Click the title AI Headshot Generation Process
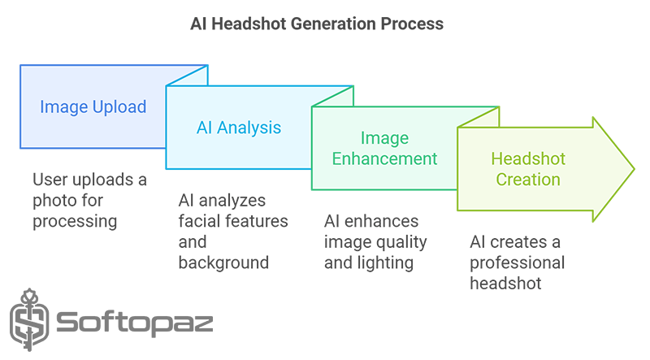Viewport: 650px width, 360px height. [317, 24]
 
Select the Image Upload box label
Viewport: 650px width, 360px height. [93, 107]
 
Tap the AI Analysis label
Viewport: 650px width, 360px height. [239, 128]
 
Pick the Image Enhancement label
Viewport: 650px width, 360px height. [384, 148]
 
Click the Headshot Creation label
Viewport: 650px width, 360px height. [528, 169]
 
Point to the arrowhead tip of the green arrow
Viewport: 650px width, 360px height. [635, 169]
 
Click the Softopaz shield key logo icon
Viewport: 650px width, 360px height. [29, 319]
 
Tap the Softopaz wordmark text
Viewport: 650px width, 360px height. [135, 323]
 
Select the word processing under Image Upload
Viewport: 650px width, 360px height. [75, 222]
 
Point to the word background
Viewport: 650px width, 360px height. [223, 262]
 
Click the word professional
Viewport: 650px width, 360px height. [517, 263]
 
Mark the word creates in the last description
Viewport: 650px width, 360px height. [521, 242]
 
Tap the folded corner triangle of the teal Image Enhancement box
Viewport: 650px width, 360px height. [484, 119]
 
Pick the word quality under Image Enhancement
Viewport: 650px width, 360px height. [404, 243]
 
